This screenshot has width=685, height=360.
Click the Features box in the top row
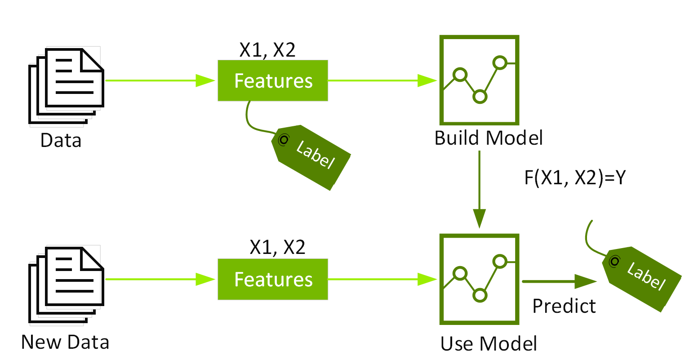click(x=273, y=80)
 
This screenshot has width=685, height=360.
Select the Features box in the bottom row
click(x=273, y=279)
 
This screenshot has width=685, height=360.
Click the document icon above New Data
click(x=66, y=284)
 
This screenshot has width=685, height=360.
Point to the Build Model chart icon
click(x=480, y=80)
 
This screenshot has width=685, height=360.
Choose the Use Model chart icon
click(x=480, y=279)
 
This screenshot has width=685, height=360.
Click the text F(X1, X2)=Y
click(x=575, y=178)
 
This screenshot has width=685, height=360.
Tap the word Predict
click(x=564, y=306)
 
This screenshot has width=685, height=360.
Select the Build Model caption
click(x=489, y=138)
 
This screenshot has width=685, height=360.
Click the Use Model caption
click(x=489, y=344)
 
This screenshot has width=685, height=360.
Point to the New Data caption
click(x=65, y=342)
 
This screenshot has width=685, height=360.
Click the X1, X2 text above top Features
click(x=267, y=50)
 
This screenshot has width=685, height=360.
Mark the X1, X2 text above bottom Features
click(x=277, y=247)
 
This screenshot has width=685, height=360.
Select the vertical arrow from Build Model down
click(x=480, y=189)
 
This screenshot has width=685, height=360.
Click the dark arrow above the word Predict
click(x=559, y=282)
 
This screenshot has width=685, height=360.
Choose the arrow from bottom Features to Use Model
click(x=382, y=279)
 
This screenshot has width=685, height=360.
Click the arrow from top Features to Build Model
click(x=382, y=80)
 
